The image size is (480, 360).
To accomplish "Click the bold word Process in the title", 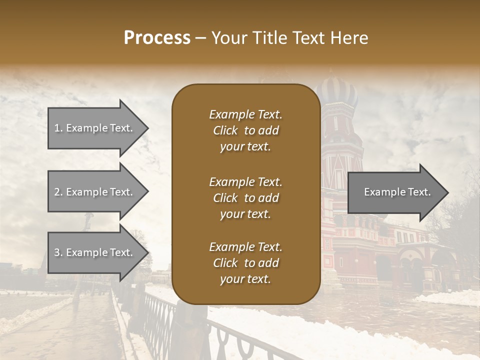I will [x=157, y=38].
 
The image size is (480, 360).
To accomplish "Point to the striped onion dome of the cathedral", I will [x=338, y=93].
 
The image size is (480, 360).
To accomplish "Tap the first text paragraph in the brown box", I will [x=245, y=130].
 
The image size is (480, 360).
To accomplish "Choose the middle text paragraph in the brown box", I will [x=245, y=197].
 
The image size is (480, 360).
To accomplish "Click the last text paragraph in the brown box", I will [x=245, y=263].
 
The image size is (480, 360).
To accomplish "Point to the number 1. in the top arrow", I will [x=58, y=128].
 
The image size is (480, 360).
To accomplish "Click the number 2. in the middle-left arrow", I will [x=58, y=192].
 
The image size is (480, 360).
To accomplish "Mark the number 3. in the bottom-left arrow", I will [x=58, y=252].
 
